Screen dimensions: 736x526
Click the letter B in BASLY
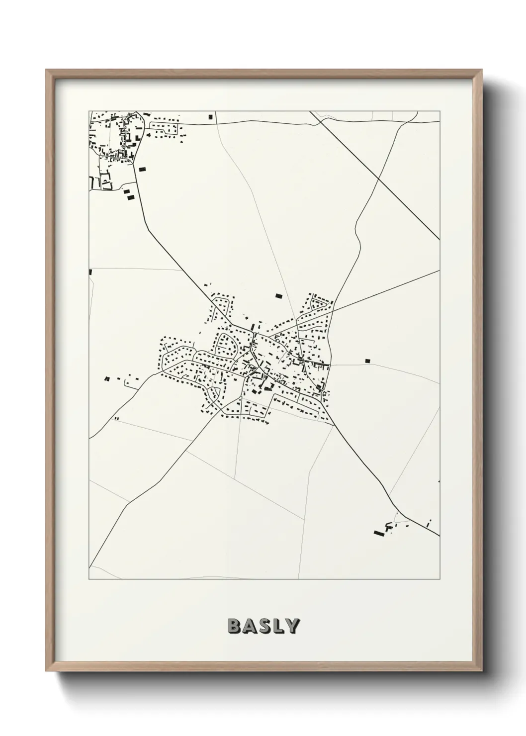pyautogui.click(x=234, y=626)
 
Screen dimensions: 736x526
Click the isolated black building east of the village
pyautogui.click(x=368, y=360)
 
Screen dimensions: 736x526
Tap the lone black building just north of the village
pyautogui.click(x=278, y=296)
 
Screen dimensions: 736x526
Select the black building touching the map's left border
pyautogui.click(x=90, y=272)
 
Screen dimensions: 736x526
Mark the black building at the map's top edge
pyautogui.click(x=211, y=117)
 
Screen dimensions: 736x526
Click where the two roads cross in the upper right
pyautogui.click(x=379, y=178)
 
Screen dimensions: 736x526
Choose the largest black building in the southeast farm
pyautogui.click(x=379, y=534)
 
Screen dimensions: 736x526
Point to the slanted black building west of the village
pyautogui.click(x=107, y=379)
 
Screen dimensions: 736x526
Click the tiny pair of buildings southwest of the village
pyautogui.click(x=116, y=419)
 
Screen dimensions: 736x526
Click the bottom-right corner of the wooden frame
pyautogui.click(x=482, y=672)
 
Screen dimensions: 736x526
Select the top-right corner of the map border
pyautogui.click(x=439, y=111)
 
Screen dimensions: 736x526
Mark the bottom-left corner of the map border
pyautogui.click(x=89, y=579)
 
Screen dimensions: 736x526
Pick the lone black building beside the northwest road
pyautogui.click(x=143, y=170)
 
